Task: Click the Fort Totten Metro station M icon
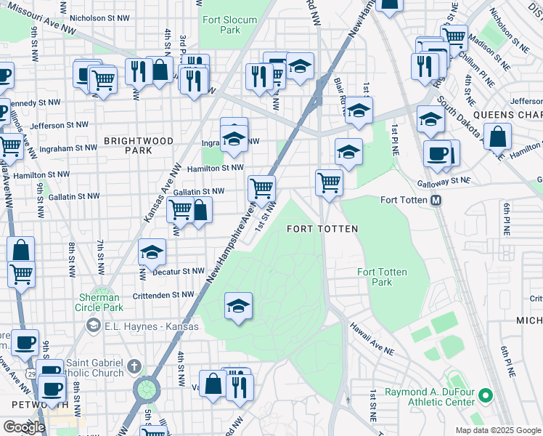(437, 200)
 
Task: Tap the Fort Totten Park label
(382, 277)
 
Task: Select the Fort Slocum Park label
(221, 25)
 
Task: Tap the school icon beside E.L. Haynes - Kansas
(93, 326)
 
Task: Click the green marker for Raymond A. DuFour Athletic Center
(485, 397)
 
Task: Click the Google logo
(23, 427)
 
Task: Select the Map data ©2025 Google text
(497, 430)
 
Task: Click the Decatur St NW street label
(179, 271)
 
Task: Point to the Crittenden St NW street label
(163, 294)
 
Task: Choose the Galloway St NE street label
(443, 181)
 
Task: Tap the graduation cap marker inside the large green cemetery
(238, 305)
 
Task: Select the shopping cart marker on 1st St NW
(261, 188)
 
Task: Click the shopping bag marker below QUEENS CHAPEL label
(497, 136)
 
